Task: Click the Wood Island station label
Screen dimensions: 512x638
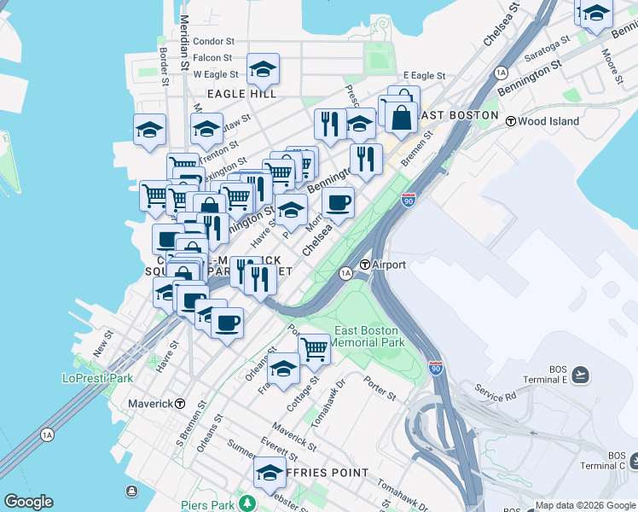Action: tap(548, 121)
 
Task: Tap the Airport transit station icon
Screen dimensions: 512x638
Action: tap(364, 265)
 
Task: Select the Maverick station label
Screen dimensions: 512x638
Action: tap(150, 403)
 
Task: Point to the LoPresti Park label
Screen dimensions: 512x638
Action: tap(98, 377)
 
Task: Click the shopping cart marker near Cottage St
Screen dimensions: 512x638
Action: tap(314, 347)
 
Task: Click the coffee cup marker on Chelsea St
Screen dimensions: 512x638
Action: tap(339, 203)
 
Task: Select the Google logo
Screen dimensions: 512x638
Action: tap(28, 502)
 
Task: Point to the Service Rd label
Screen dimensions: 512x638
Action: tap(496, 397)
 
